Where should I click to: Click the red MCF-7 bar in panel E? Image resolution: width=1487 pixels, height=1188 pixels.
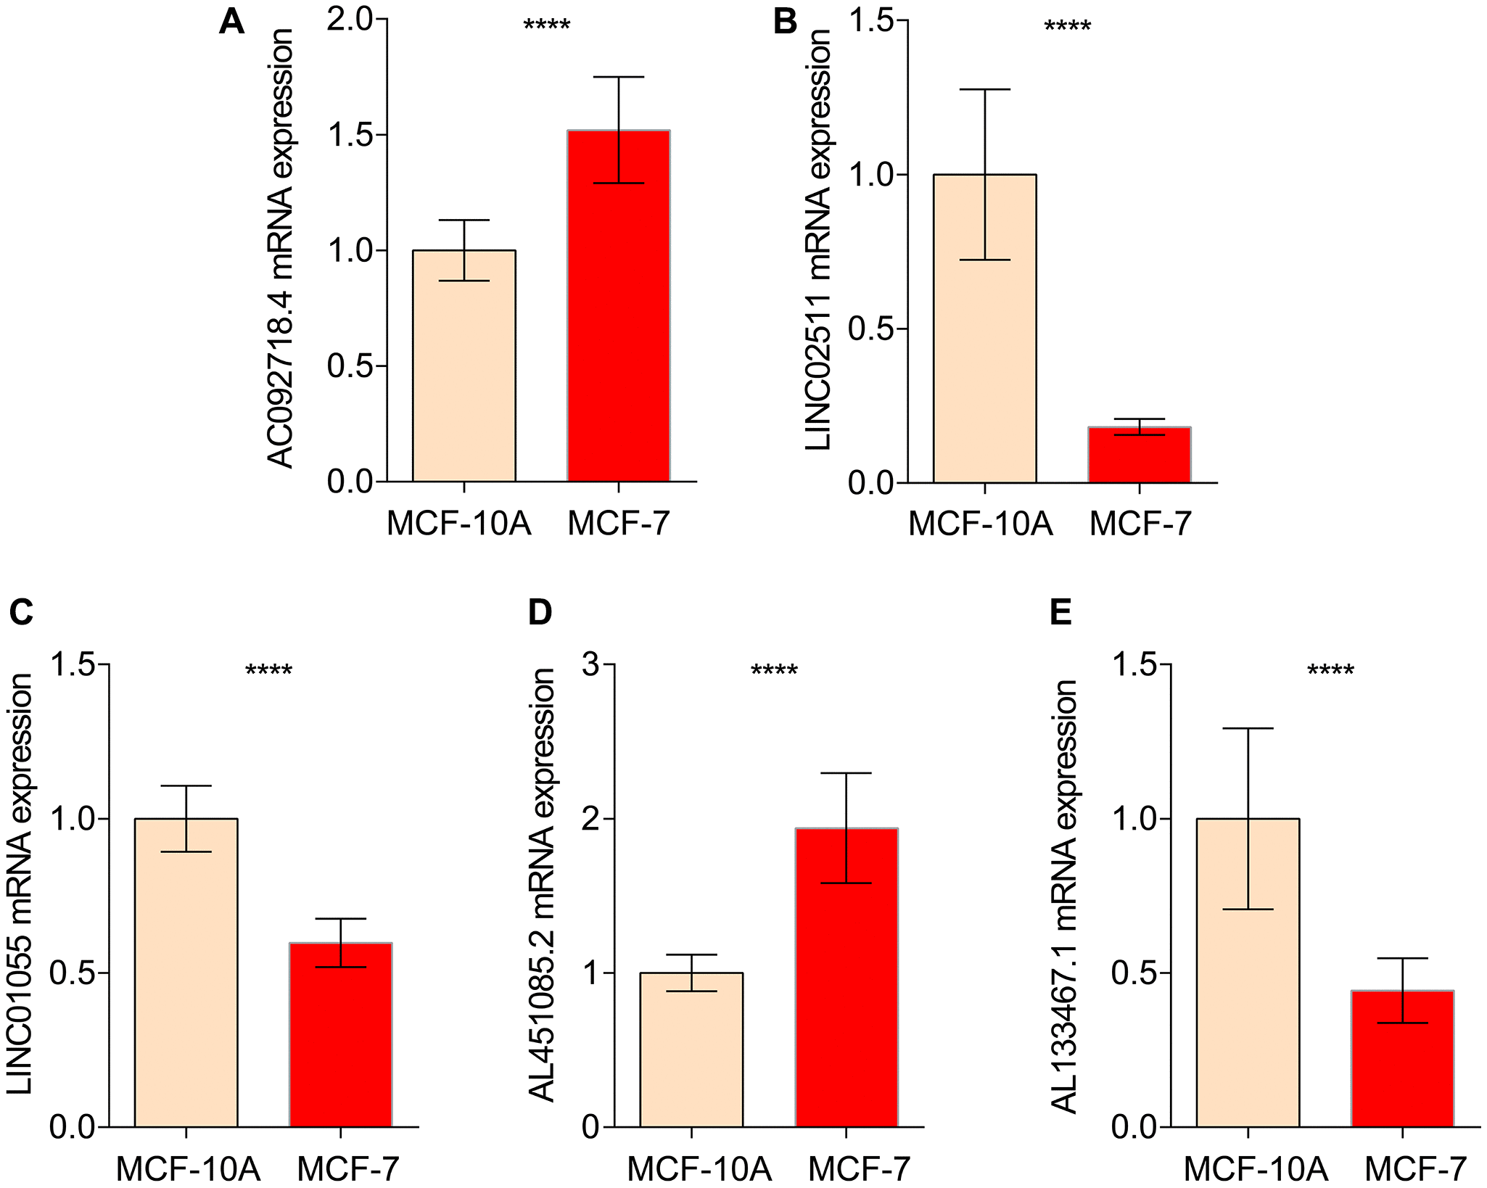pos(1402,1058)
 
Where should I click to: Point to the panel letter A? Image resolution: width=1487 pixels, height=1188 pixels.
pos(231,22)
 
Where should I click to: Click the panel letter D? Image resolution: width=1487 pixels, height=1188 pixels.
pos(540,612)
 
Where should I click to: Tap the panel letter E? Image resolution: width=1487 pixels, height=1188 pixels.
pos(1060,612)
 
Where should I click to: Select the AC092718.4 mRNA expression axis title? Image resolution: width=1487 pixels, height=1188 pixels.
pos(280,249)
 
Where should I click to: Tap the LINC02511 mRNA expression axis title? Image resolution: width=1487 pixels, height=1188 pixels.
pos(818,240)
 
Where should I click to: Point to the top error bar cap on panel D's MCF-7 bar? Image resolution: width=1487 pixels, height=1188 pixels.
pos(847,773)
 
